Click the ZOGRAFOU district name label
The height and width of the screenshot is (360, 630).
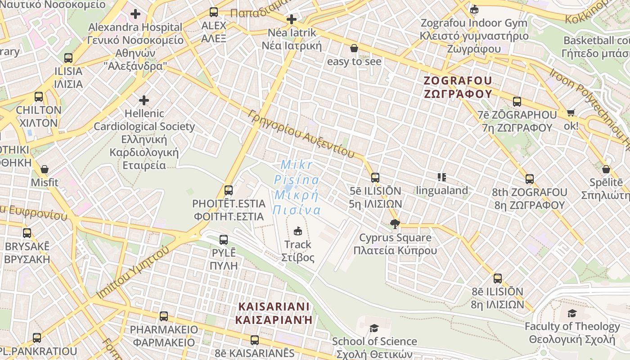point(458,87)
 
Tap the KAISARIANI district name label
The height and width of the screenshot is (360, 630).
point(274,313)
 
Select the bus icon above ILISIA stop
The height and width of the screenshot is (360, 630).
point(68,58)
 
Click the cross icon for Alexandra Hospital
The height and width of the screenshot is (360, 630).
point(135,14)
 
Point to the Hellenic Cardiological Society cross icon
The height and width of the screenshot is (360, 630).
point(144,100)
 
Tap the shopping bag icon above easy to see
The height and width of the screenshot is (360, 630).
point(354,48)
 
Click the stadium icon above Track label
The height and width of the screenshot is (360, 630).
point(297,231)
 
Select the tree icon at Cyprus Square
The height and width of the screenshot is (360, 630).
point(395,224)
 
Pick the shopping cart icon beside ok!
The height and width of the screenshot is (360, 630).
point(571,112)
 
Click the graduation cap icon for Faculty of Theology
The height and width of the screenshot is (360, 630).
point(572,313)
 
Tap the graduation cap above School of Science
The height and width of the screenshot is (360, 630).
point(374,328)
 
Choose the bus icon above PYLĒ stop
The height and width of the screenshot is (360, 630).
point(224,239)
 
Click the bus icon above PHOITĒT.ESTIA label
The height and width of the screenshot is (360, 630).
point(229,190)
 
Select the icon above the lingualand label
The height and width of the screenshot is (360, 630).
point(442,177)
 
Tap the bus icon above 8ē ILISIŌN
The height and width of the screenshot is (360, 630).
point(497,278)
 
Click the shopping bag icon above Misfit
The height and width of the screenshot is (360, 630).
point(45,169)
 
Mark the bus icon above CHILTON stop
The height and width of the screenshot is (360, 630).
point(39,96)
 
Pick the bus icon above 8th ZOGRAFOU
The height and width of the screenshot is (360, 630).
point(529,179)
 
